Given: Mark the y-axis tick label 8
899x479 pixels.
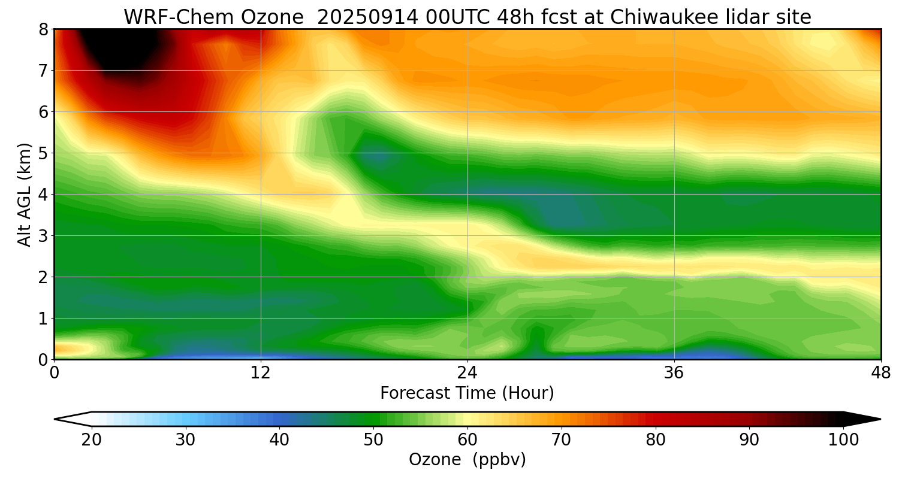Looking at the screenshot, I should coord(43,29).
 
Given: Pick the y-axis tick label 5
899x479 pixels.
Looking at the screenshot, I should coord(43,153).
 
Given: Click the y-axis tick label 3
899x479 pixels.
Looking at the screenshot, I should coord(43,236).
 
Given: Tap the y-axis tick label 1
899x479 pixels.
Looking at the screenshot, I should coord(43,319).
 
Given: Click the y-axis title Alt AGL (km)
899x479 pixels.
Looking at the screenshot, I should coord(25,195).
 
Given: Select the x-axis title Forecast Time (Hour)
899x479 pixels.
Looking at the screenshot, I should coord(467,393).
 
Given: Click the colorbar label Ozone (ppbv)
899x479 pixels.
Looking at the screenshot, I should coord(467,460).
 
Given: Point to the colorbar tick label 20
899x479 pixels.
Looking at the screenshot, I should coord(92,440).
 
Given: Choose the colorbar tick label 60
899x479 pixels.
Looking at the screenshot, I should coord(467,440).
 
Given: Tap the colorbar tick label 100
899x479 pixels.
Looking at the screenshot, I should coord(843,440).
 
